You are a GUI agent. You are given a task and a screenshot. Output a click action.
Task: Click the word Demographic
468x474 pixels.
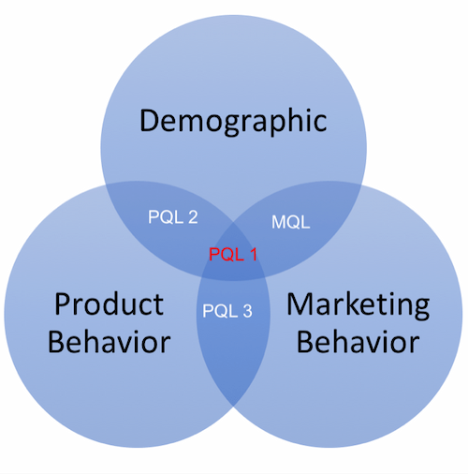[233, 121]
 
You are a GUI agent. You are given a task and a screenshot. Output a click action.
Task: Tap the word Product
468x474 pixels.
[109, 304]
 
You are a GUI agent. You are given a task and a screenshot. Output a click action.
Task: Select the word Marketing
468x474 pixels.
[358, 306]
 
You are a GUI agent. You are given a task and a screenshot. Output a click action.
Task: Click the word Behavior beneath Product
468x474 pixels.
[110, 342]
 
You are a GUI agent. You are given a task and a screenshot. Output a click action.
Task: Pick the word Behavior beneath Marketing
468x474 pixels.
[358, 342]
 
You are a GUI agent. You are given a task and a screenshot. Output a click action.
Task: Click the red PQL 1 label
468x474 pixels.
[233, 254]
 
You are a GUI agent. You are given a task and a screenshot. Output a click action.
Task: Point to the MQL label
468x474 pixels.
[291, 222]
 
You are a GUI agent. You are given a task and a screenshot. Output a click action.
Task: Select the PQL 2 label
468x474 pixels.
[173, 217]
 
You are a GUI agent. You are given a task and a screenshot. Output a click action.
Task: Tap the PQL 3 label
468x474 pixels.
[227, 311]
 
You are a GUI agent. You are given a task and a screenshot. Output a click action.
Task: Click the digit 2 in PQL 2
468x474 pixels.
[193, 217]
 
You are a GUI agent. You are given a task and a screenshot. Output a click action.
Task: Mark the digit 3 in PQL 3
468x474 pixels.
[247, 311]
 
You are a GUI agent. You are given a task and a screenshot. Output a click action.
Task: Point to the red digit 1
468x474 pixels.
[254, 254]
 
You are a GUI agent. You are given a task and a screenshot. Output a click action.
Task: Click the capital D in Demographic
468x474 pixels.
[150, 120]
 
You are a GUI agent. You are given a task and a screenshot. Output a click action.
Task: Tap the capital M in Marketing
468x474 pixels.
[300, 304]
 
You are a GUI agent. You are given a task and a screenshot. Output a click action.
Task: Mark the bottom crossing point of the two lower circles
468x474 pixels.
[233, 407]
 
